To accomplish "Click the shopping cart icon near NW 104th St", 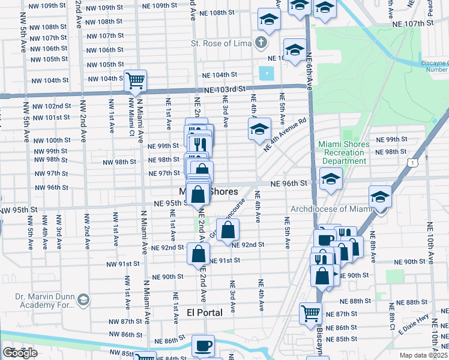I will [136, 80].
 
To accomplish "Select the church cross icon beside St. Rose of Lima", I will [260, 43].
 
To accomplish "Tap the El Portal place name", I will [205, 313].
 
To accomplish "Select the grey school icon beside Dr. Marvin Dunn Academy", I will [83, 299].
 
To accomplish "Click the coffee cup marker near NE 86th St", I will [202, 346].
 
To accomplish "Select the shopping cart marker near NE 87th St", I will [310, 313].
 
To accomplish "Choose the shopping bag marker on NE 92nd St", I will [228, 229].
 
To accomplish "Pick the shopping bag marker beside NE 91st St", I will [198, 253].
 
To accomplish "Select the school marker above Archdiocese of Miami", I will [380, 196].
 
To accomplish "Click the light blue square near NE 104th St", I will [265, 74].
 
